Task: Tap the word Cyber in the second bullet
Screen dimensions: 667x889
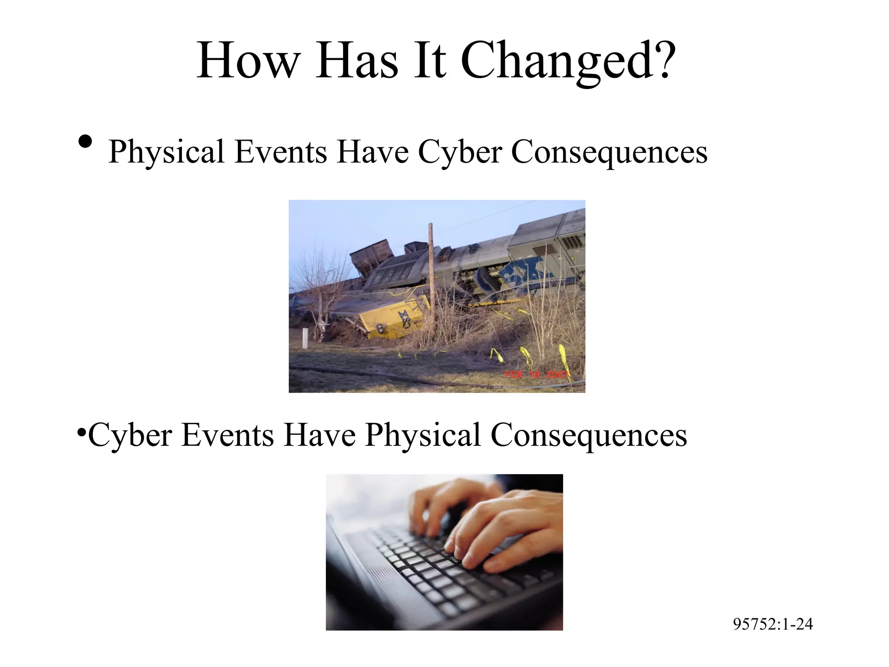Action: pos(130,436)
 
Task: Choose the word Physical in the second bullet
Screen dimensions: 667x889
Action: pos(423,436)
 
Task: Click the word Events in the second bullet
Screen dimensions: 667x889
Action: pos(227,436)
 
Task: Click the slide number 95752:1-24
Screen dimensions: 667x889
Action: pos(773,624)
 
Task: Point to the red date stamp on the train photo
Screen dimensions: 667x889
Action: pos(537,374)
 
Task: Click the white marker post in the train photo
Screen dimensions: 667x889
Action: pos(305,338)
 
